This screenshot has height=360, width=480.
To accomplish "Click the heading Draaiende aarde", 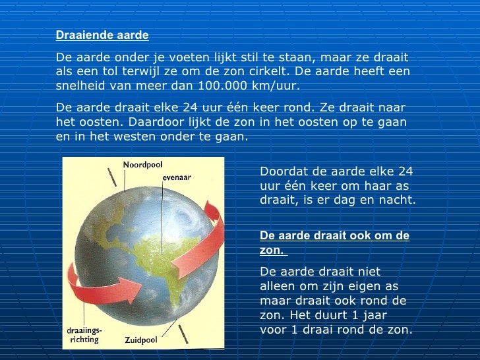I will [x=102, y=35].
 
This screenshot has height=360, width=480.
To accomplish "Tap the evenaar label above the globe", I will [x=177, y=177].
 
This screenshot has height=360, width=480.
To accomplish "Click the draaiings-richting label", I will [x=84, y=335].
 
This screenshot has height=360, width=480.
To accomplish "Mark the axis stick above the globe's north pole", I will [x=113, y=176].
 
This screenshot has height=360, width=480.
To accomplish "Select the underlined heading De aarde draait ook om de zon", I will [x=335, y=243].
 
